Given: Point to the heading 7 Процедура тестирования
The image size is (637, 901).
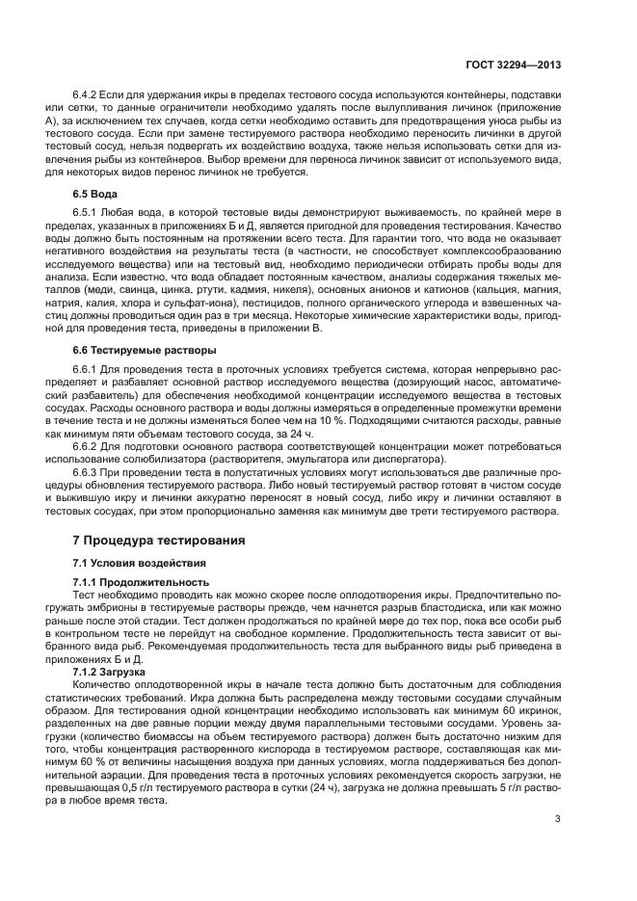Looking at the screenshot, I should coord(160,541).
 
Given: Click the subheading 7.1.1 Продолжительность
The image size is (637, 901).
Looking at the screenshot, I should coord(141,582).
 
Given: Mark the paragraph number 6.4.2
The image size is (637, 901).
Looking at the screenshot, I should coord(88,97).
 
